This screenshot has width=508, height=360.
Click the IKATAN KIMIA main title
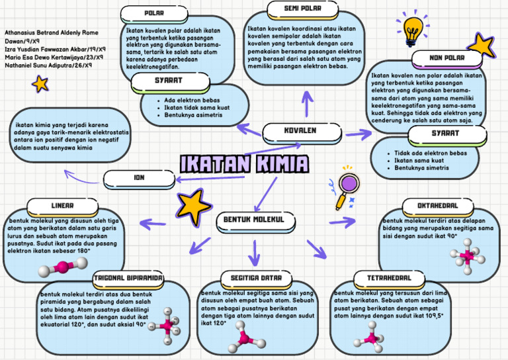point(245,164)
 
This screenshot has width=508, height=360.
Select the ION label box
point(139,178)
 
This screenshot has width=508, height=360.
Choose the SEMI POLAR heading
point(302,9)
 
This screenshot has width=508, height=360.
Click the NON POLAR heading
point(446,58)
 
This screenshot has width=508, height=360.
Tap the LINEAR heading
point(62,206)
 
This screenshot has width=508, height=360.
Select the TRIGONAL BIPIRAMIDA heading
point(128,278)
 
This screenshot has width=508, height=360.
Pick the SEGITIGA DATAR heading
point(255,277)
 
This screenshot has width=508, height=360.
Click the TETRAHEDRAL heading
point(384,277)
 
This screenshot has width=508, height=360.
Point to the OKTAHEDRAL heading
point(438,206)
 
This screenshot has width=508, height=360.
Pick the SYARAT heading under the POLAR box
point(169,81)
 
